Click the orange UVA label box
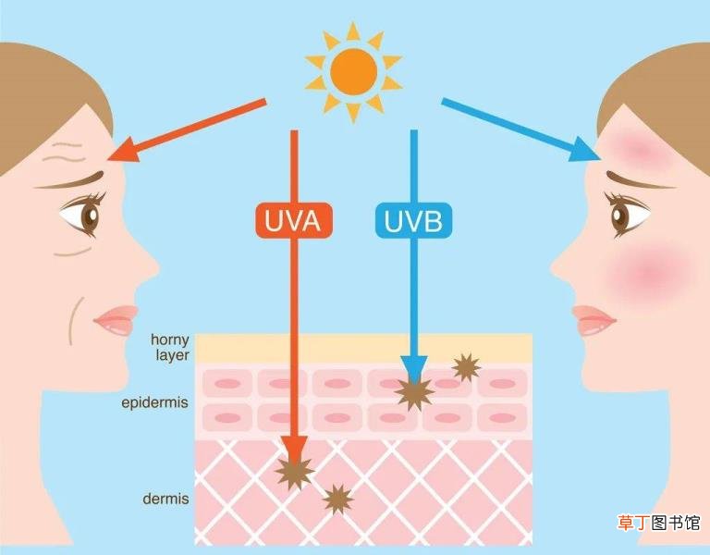click(294, 221)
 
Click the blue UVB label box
click(413, 221)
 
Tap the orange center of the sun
click(354, 72)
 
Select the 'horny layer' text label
click(170, 347)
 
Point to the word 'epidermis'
click(155, 402)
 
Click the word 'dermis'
click(165, 499)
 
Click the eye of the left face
click(84, 214)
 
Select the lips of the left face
click(116, 320)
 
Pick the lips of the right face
click(594, 320)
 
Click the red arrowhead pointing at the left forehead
click(124, 151)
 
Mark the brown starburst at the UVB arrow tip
click(414, 393)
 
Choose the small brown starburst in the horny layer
click(466, 367)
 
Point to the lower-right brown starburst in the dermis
click(337, 499)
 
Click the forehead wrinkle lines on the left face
click(65, 152)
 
